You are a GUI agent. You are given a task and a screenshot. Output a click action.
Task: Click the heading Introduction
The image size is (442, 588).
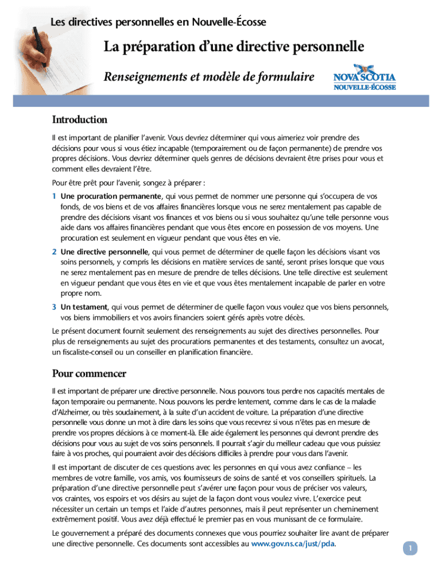click(x=80, y=120)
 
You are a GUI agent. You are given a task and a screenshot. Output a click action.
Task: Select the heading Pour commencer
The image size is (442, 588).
click(x=89, y=374)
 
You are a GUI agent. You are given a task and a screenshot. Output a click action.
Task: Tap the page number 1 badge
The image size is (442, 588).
click(x=410, y=548)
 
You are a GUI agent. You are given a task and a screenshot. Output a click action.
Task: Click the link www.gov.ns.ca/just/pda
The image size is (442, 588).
click(x=293, y=543)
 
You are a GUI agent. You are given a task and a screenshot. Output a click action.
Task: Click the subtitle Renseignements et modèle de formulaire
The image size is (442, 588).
click(x=209, y=76)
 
